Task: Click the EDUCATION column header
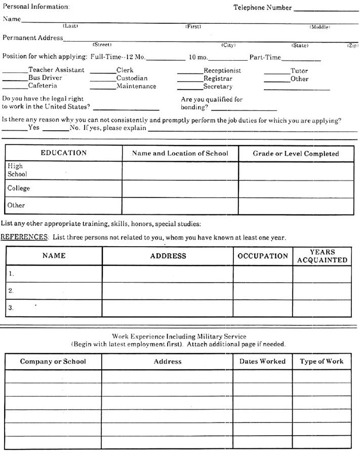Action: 64,153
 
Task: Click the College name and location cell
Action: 180,188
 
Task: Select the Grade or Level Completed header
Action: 296,154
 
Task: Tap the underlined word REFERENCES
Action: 24,237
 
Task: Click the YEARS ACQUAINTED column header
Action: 322,256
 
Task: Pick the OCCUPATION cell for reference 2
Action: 262,291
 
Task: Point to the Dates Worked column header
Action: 262,361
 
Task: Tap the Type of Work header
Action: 322,361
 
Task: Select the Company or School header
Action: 53,361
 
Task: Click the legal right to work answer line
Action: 126,108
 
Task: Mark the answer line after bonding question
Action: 244,109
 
